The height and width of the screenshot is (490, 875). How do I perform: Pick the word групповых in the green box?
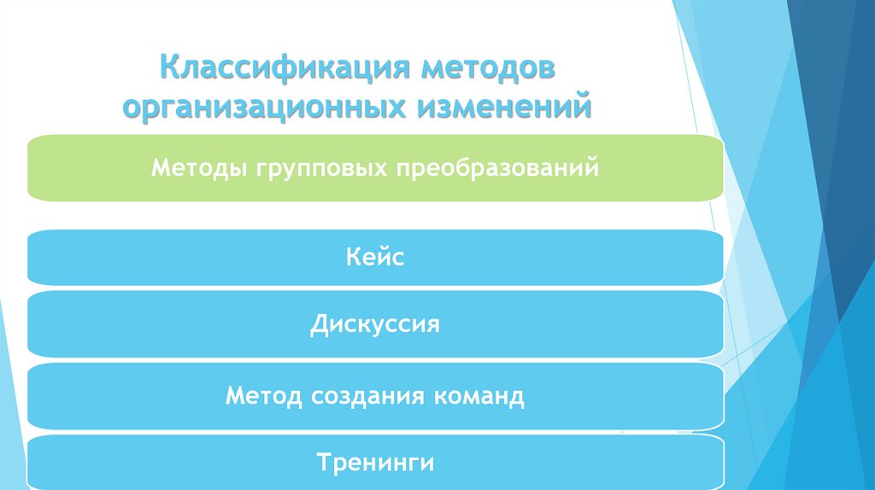321,167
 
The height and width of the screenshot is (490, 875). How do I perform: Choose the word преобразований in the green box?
496,167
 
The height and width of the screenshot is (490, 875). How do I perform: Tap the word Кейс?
375,256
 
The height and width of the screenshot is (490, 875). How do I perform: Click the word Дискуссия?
375,324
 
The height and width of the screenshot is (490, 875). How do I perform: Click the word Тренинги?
375,464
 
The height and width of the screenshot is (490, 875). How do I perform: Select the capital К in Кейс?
354,256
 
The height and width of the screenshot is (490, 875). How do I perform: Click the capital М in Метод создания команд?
235,395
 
